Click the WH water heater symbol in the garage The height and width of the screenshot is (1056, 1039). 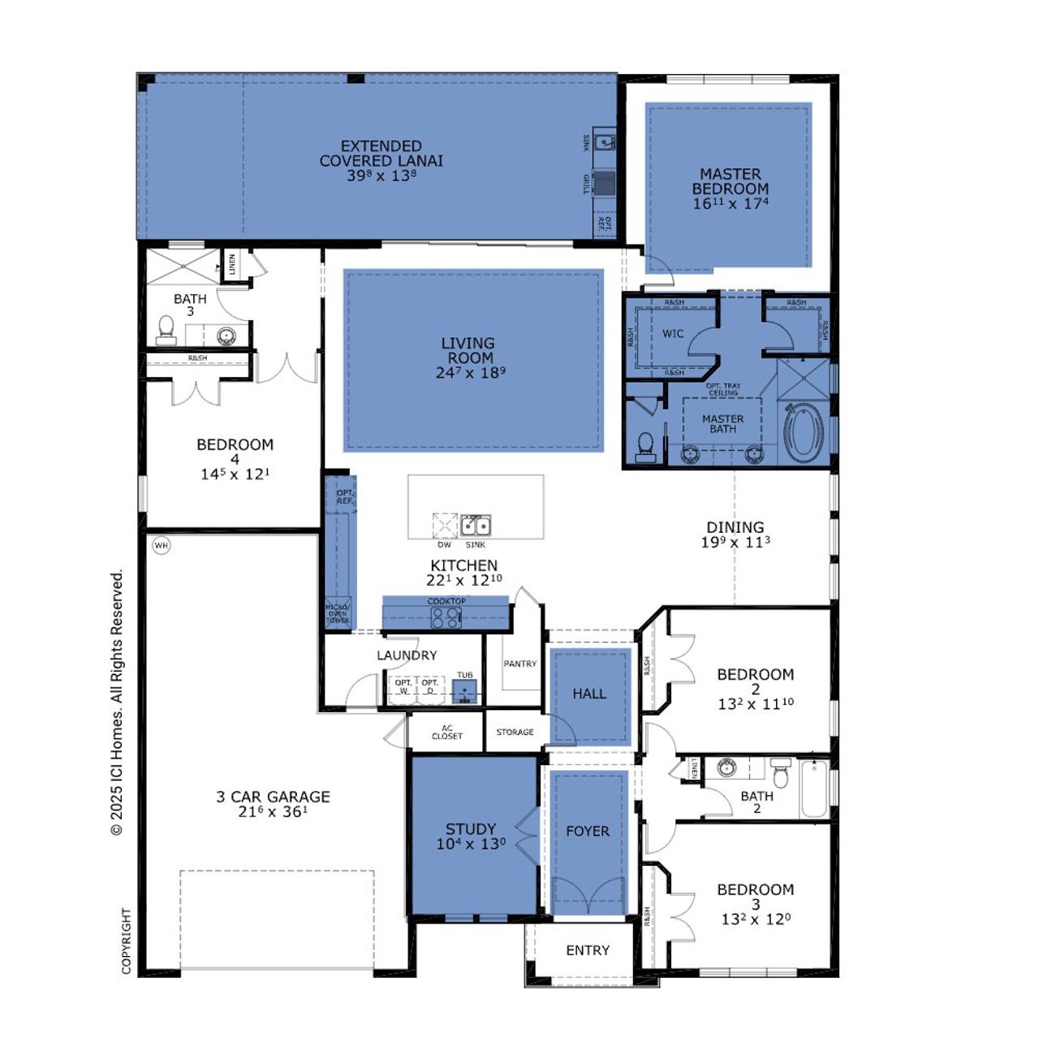point(162,546)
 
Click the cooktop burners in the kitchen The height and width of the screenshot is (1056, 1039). point(446,617)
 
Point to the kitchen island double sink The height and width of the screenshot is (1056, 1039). point(475,526)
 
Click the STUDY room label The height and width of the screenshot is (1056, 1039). point(470,829)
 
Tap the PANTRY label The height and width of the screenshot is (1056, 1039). point(519,664)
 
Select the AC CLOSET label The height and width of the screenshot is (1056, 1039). point(446,732)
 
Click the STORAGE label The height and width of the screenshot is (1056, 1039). point(515,732)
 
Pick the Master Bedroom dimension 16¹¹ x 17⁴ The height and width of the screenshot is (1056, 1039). point(731,204)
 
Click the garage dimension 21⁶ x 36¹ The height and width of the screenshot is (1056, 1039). point(273,811)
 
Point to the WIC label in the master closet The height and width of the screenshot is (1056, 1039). point(673,334)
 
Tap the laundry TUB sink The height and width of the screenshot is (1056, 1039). point(464,691)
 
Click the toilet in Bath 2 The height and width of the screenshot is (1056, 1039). point(781,773)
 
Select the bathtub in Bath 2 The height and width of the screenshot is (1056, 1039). point(814,789)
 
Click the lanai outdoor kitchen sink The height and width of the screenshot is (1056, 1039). point(603,142)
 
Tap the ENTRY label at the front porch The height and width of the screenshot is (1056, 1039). point(588,950)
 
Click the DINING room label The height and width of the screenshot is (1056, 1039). point(735,527)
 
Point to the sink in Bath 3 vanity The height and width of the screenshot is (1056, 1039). point(226,335)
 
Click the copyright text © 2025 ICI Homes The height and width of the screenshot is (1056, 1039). point(117,703)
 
